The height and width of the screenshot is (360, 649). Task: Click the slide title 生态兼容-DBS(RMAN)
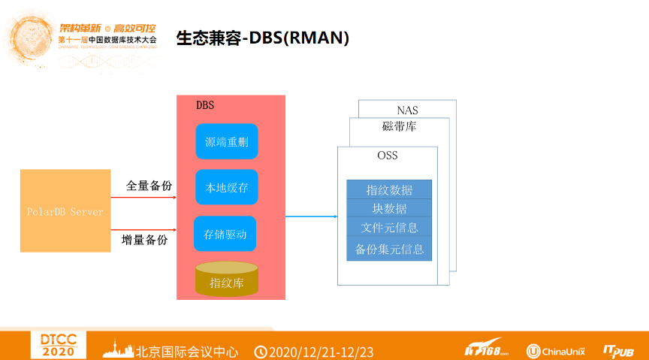tap(262, 38)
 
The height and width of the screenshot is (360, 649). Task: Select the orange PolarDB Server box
tap(65, 211)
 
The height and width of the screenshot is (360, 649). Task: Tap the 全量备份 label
tap(149, 186)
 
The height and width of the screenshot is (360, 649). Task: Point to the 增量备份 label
tap(144, 240)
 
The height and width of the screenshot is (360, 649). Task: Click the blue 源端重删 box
tap(226, 141)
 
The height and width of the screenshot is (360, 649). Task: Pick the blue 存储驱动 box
tap(225, 234)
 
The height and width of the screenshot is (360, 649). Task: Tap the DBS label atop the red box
tap(205, 105)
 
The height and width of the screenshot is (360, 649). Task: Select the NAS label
tap(407, 110)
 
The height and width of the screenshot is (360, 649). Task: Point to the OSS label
tap(388, 156)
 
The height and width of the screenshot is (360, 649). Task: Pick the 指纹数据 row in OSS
tap(389, 190)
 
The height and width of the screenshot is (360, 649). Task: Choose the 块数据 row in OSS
tap(389, 208)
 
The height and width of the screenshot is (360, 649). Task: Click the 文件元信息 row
tap(389, 227)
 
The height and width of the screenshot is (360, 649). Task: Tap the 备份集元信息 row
tap(389, 249)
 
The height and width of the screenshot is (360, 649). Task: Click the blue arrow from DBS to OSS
tap(311, 216)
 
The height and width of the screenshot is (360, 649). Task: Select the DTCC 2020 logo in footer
tap(59, 345)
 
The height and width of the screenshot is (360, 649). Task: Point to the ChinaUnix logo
tap(555, 351)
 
